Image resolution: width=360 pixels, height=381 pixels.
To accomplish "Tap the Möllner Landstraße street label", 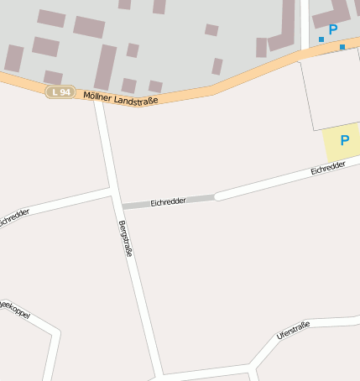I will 121,97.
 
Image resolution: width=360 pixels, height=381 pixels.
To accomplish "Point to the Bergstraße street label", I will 127,238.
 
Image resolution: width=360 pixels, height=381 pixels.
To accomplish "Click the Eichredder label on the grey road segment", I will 167,202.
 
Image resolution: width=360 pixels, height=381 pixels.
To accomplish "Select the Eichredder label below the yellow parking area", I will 327,169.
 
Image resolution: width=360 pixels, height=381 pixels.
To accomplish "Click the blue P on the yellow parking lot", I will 344,140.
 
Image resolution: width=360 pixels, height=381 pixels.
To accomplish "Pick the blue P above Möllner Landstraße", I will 333,29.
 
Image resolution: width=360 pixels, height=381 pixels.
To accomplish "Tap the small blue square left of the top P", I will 321,39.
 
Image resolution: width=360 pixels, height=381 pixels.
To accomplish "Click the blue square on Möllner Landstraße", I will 342,47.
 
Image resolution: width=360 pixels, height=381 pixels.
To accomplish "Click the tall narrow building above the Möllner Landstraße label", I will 106,67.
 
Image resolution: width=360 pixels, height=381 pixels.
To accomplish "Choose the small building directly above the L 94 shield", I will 53,77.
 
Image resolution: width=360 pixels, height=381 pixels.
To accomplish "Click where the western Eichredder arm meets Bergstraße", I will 112,191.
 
